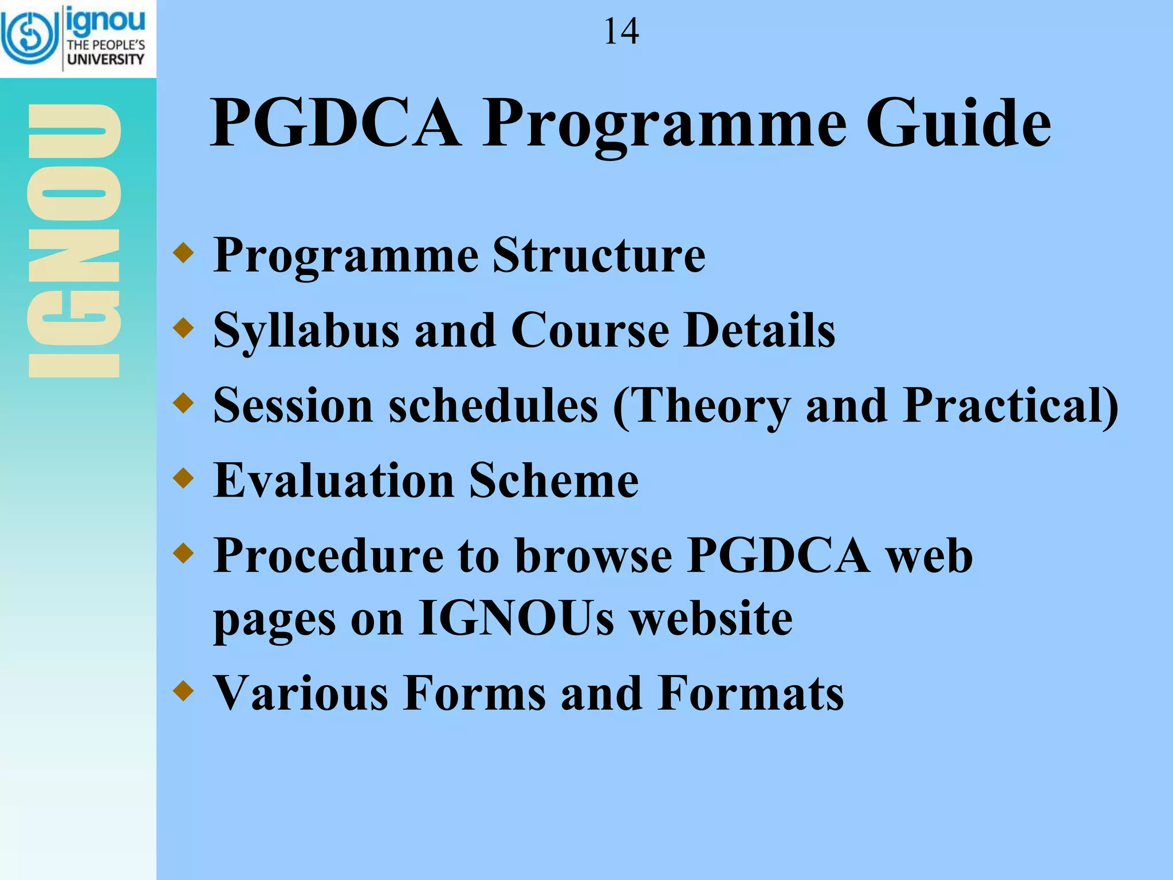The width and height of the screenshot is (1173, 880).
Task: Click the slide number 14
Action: (x=621, y=32)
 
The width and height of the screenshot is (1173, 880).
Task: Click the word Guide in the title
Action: (x=958, y=123)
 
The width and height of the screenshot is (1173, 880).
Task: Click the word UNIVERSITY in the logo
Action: (x=106, y=60)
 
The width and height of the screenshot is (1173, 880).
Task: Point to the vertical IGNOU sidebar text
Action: (x=74, y=241)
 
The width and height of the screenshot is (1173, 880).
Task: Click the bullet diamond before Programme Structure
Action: (x=183, y=253)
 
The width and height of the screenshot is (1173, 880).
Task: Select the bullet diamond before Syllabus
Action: (x=183, y=328)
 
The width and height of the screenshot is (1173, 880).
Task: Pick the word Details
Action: (x=760, y=331)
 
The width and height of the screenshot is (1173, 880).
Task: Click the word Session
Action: (x=293, y=406)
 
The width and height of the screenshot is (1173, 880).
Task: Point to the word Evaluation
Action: (x=334, y=481)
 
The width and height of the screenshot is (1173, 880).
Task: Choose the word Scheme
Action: (x=554, y=481)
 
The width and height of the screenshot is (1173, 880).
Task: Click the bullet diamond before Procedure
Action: (x=183, y=553)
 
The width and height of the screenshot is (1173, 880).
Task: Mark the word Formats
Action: (x=750, y=693)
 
